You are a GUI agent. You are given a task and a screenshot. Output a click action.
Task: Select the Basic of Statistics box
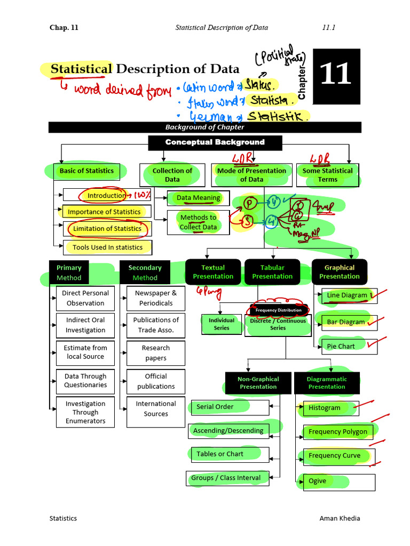[x=86, y=171]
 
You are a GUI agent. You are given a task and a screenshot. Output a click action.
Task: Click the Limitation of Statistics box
[x=107, y=229]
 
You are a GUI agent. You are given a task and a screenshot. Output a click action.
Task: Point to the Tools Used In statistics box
[x=107, y=247]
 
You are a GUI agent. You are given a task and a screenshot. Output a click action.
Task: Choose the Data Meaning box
[x=198, y=198]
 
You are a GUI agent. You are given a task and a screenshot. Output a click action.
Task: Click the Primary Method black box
[x=69, y=272]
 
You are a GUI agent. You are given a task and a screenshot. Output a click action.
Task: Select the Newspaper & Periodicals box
[x=156, y=298]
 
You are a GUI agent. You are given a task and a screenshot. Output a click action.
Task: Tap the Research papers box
[x=156, y=353]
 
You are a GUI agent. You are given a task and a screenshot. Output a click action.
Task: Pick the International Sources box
[x=156, y=409]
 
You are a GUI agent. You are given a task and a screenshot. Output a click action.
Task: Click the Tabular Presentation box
[x=272, y=272]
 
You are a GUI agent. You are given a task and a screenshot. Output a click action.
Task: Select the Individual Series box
[x=222, y=324]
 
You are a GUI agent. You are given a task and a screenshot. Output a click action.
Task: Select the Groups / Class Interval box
[x=227, y=478]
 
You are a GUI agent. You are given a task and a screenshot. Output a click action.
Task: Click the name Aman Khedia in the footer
[x=340, y=518]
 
